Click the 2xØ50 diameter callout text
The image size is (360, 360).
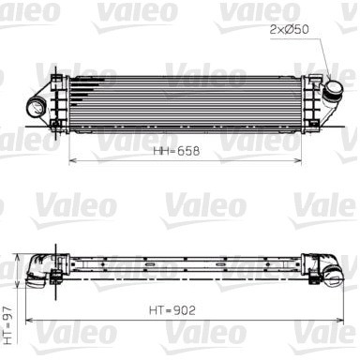pos(289,29)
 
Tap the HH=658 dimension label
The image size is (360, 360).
pos(176,151)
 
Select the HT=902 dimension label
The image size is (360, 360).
pos(172,310)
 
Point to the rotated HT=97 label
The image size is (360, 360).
pos(8,325)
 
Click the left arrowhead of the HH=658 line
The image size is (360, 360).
pos(72,160)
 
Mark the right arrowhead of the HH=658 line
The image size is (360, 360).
pos(297,160)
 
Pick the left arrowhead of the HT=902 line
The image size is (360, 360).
pos(29,320)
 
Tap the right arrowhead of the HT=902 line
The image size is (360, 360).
pos(339,320)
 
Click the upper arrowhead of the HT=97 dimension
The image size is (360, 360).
pos(18,257)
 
